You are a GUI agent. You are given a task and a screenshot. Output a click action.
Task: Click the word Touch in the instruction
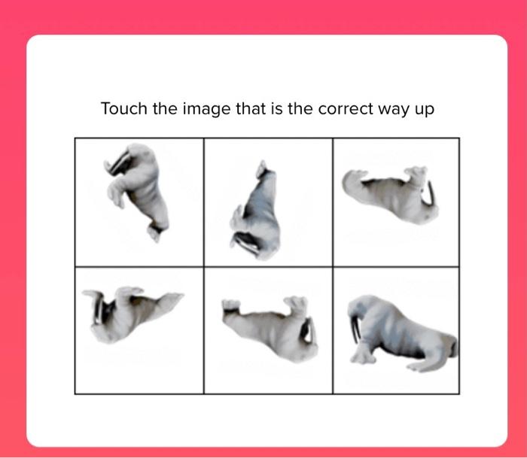pyautogui.click(x=125, y=109)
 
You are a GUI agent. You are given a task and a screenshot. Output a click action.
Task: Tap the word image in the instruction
pyautogui.click(x=206, y=109)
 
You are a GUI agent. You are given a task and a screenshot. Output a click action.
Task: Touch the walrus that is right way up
pyautogui.click(x=399, y=331)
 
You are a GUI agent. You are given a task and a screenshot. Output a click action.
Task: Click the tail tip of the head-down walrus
pyautogui.click(x=260, y=165)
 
